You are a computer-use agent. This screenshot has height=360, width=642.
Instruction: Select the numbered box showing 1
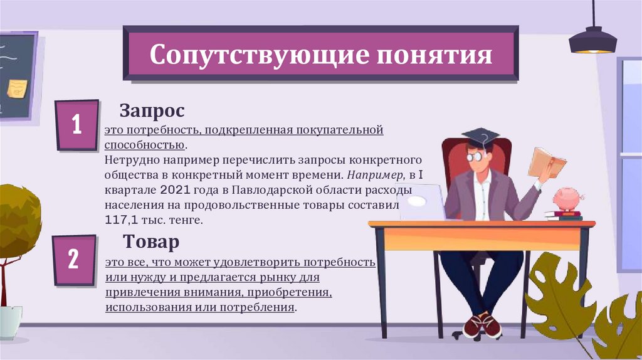pyautogui.click(x=76, y=125)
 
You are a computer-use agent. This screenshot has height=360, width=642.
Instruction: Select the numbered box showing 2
pyautogui.click(x=74, y=259)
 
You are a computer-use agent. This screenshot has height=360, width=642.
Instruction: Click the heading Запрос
pyautogui.click(x=152, y=111)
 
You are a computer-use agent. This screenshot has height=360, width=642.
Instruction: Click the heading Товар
pyautogui.click(x=151, y=241)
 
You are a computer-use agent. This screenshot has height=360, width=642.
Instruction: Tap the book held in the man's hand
pyautogui.click(x=546, y=162)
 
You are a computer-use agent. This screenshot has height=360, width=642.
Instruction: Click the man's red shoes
pyautogui.click(x=483, y=325)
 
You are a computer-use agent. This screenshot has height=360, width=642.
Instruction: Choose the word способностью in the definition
pyautogui.click(x=145, y=144)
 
